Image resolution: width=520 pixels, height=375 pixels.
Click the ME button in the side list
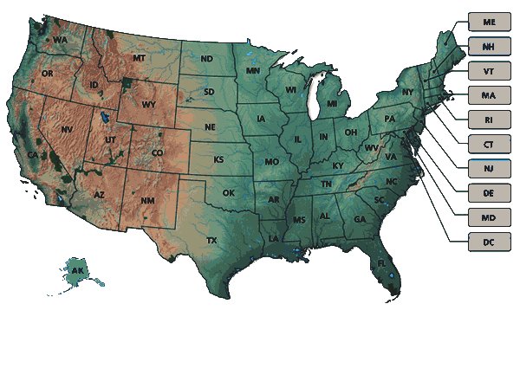tap(490, 21)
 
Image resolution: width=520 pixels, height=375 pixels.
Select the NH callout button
tap(490, 45)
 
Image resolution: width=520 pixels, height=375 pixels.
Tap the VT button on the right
tap(490, 70)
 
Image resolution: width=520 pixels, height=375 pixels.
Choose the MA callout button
tap(490, 94)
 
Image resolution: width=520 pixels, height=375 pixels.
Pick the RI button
tap(490, 119)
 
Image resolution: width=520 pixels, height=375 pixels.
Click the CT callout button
tap(490, 144)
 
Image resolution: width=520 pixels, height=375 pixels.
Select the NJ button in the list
tap(490, 168)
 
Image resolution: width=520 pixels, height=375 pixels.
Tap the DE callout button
tap(490, 192)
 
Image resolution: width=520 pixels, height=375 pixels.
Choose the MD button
tap(490, 217)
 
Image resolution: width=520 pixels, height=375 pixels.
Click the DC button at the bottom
tap(490, 242)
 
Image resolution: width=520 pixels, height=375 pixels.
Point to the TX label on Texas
tap(211, 240)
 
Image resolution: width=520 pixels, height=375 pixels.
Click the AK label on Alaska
tap(78, 271)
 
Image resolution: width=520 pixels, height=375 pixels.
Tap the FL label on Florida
tap(380, 263)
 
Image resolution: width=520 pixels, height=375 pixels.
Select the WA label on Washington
tap(60, 40)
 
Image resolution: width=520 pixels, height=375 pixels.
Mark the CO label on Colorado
tap(157, 153)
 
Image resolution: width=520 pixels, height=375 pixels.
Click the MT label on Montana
tap(139, 58)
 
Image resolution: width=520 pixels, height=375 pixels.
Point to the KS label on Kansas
tap(219, 160)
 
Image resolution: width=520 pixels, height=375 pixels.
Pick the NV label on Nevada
tap(67, 129)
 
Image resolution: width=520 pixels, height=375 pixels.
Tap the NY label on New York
tap(407, 92)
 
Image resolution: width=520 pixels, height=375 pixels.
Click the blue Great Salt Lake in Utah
tap(105, 119)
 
